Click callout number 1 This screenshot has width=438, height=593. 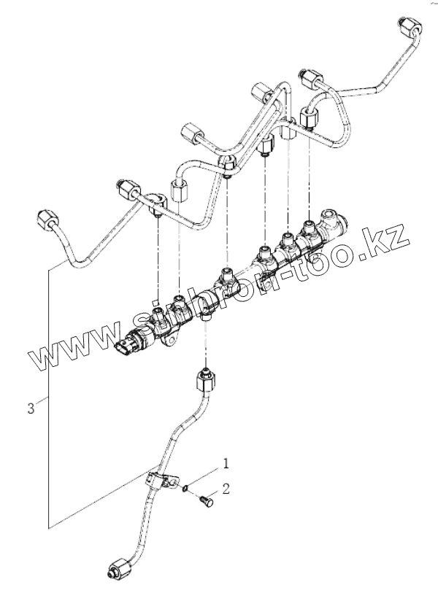point(226,462)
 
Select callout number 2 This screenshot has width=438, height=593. point(226,489)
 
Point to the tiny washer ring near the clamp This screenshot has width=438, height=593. point(187,487)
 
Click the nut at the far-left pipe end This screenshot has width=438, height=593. point(45,218)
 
